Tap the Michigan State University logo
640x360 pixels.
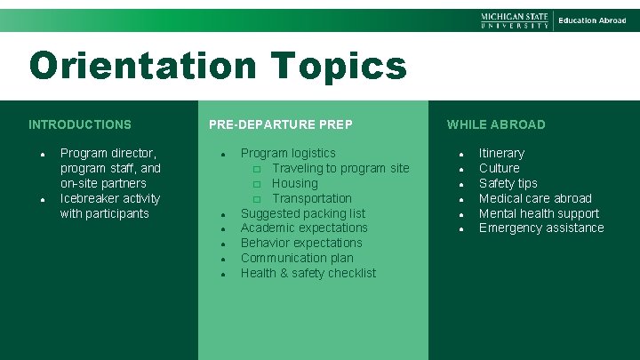[515, 20]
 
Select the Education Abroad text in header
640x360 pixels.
[592, 20]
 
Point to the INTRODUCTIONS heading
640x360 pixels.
[80, 124]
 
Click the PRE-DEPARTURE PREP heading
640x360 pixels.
[281, 124]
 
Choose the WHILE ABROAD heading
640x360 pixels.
[496, 124]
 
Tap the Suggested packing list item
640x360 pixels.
[303, 213]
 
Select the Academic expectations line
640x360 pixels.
[304, 228]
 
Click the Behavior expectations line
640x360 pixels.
[301, 243]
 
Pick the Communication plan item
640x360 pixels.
[297, 258]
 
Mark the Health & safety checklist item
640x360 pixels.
[308, 273]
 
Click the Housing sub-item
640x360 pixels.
[295, 183]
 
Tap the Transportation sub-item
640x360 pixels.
[312, 198]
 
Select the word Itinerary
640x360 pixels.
[501, 153]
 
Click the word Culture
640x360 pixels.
[500, 168]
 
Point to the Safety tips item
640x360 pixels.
[508, 183]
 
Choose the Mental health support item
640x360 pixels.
[539, 213]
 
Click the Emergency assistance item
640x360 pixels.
[541, 228]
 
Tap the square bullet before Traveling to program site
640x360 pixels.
[256, 169]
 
